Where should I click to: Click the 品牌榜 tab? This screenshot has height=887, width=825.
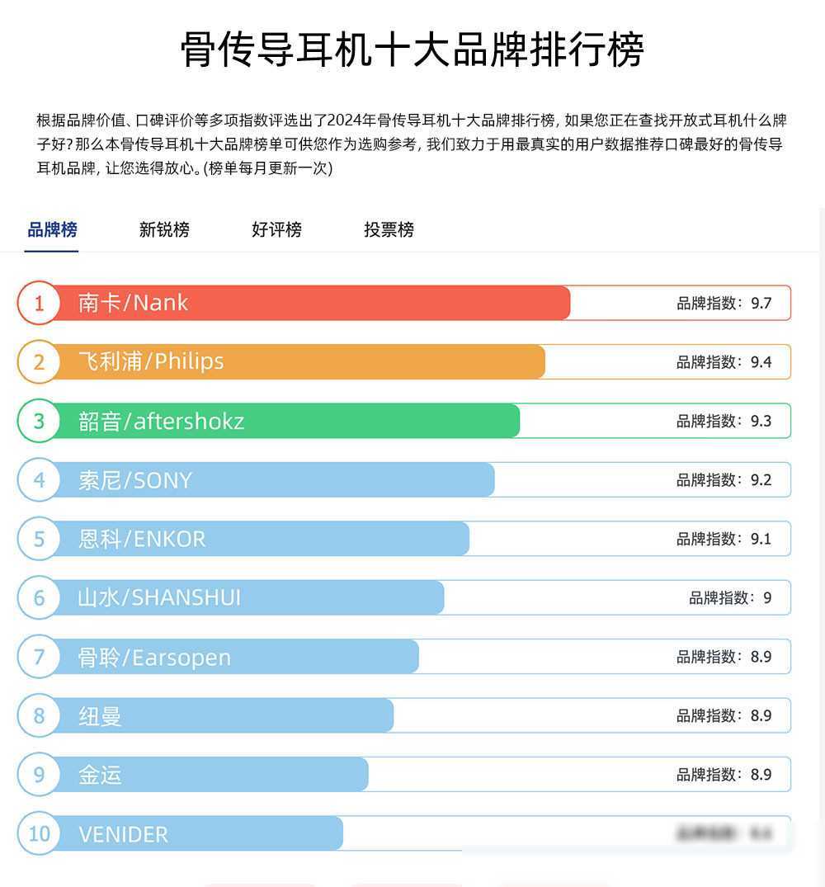pos(52,229)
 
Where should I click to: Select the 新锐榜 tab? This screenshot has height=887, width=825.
pos(164,229)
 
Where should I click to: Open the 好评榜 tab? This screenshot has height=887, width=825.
pos(276,229)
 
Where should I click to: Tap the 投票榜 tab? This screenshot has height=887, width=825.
pos(389,229)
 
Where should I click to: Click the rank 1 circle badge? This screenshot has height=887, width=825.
pos(39,303)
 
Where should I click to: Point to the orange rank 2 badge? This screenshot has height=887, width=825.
pos(39,361)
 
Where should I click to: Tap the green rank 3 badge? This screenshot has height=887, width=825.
pos(39,421)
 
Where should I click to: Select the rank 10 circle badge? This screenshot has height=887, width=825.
pos(39,833)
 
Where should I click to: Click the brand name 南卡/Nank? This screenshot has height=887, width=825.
pos(133,303)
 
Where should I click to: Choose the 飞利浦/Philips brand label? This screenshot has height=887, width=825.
pos(151,361)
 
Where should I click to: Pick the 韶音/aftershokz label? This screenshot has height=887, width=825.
pos(161,422)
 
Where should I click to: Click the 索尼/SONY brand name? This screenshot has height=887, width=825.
pos(134,480)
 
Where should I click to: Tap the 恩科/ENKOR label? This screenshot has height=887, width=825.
pos(142,539)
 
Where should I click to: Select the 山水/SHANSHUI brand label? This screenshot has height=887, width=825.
pos(159,597)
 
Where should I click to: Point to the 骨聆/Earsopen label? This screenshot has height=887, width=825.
pos(154,658)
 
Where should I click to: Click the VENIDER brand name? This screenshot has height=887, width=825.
pos(123,834)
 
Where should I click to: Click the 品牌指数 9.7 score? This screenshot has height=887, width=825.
pos(724,303)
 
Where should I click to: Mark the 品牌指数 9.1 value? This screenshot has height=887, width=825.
pos(724,539)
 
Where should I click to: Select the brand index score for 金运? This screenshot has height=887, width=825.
pos(724,775)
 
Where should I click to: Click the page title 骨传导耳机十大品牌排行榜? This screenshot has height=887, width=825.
pos(412,50)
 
